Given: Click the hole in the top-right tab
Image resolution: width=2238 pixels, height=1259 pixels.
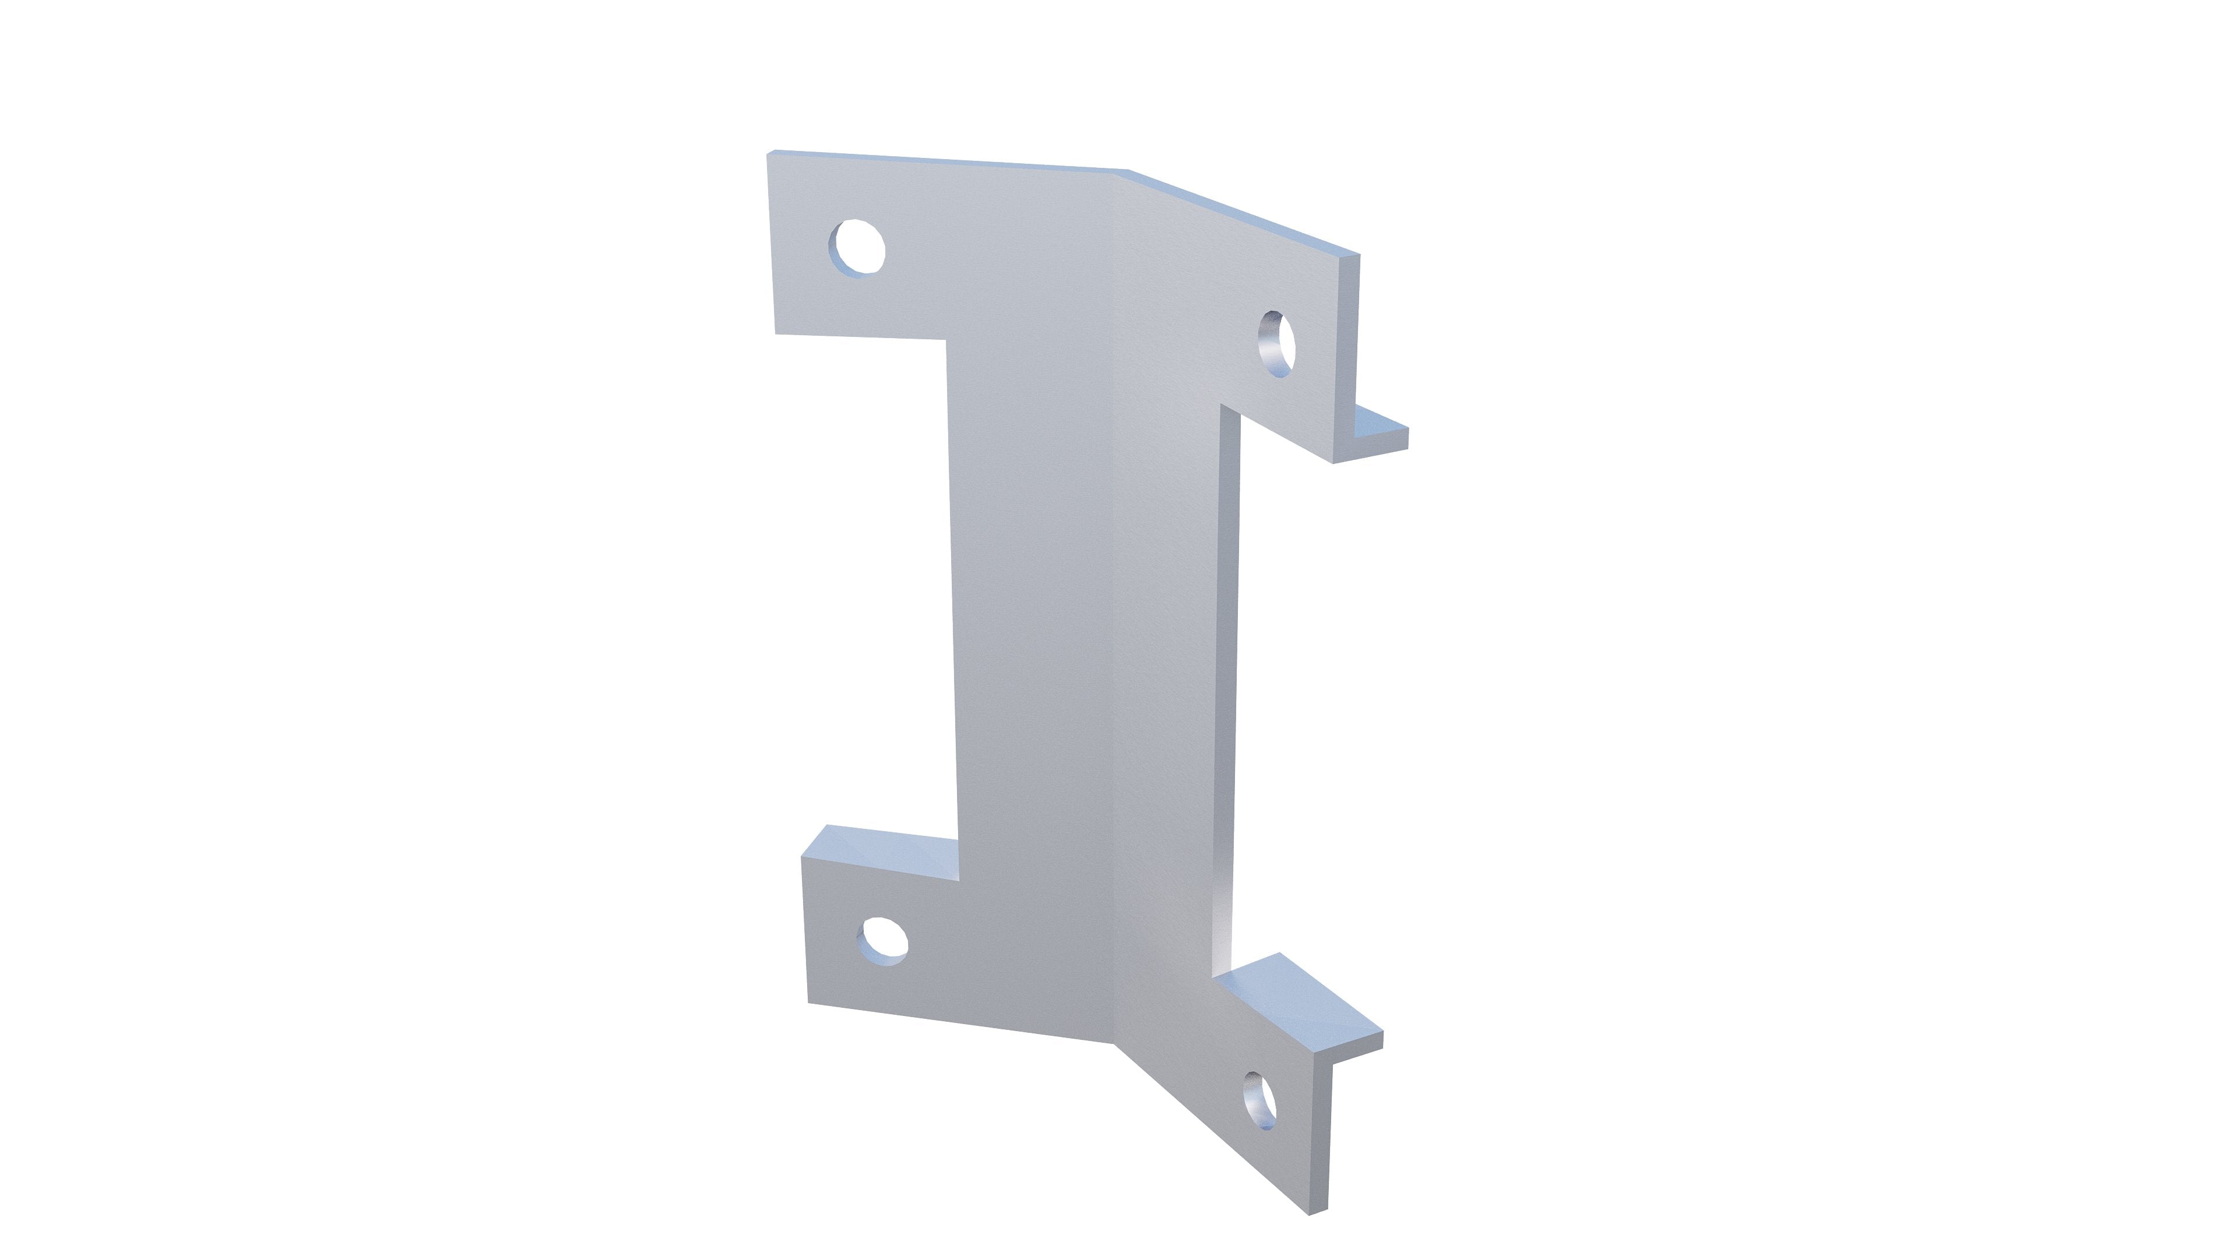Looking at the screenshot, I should (x=1276, y=343).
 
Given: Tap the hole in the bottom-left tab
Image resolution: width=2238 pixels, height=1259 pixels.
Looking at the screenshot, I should (x=883, y=940).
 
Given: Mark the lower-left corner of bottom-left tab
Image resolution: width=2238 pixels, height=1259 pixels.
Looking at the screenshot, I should (x=810, y=1002).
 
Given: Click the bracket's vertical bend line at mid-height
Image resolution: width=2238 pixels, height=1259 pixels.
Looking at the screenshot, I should (x=1113, y=608).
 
